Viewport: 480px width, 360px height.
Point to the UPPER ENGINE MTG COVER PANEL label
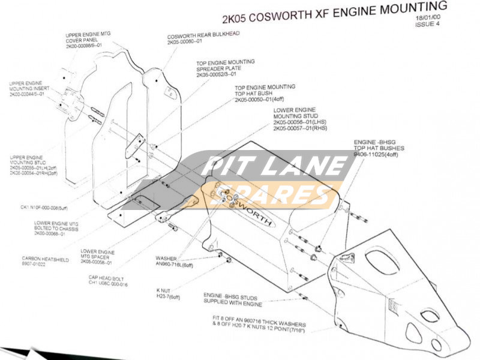[88, 40]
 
